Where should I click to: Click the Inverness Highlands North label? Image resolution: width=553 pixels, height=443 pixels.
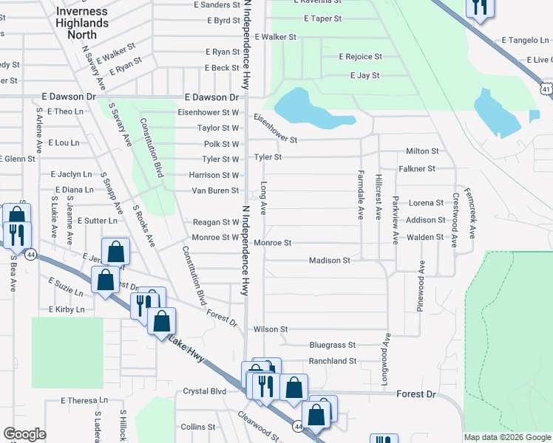coord(82,23)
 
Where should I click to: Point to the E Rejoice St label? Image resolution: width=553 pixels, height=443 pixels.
coord(360,57)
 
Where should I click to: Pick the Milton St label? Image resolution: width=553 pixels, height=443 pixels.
coord(422,151)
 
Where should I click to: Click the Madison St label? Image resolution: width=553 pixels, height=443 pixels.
coord(329,261)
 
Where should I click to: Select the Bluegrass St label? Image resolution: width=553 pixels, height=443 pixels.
coord(333,345)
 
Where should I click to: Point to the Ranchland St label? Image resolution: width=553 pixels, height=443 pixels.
coord(333,361)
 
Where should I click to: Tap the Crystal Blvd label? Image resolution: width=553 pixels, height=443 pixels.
coord(204,391)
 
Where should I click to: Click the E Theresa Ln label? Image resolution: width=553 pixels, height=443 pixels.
coord(84,400)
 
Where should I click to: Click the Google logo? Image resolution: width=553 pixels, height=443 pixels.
coord(24,434)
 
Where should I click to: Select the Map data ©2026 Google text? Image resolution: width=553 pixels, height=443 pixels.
coord(508,437)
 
